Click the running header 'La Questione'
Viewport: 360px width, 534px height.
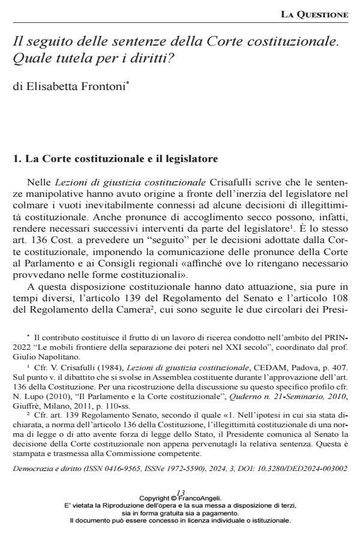point(318,14)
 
